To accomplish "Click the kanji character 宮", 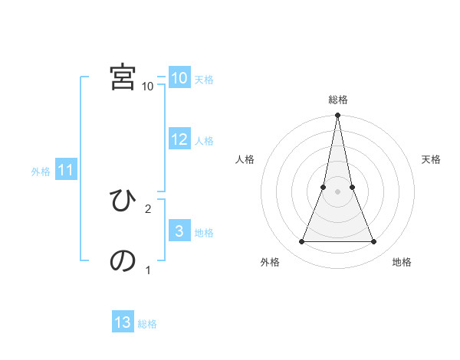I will (x=123, y=77).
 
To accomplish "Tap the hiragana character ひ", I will (x=123, y=201).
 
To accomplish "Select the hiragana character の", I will (x=123, y=261).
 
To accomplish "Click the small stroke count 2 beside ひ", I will (x=148, y=208).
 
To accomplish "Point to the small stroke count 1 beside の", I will (x=148, y=270).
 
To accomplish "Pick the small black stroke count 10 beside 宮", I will (x=148, y=87).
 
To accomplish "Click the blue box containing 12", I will (x=179, y=139).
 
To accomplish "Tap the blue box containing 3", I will (x=179, y=231).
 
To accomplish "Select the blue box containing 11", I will (x=66, y=171).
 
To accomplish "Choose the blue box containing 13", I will (x=123, y=322).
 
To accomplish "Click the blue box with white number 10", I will (x=179, y=78).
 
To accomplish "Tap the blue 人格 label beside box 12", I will (x=204, y=141).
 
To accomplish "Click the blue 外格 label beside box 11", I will (x=41, y=172).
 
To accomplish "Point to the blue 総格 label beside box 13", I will (x=147, y=324).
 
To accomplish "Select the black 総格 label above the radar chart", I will (x=337, y=100).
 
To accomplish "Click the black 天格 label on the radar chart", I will (x=431, y=159).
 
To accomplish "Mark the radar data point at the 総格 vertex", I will (x=337, y=116).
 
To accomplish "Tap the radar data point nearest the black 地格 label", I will (x=374, y=242).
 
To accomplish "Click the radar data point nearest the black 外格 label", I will (x=301, y=242).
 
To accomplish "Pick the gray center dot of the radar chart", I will (x=337, y=191).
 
